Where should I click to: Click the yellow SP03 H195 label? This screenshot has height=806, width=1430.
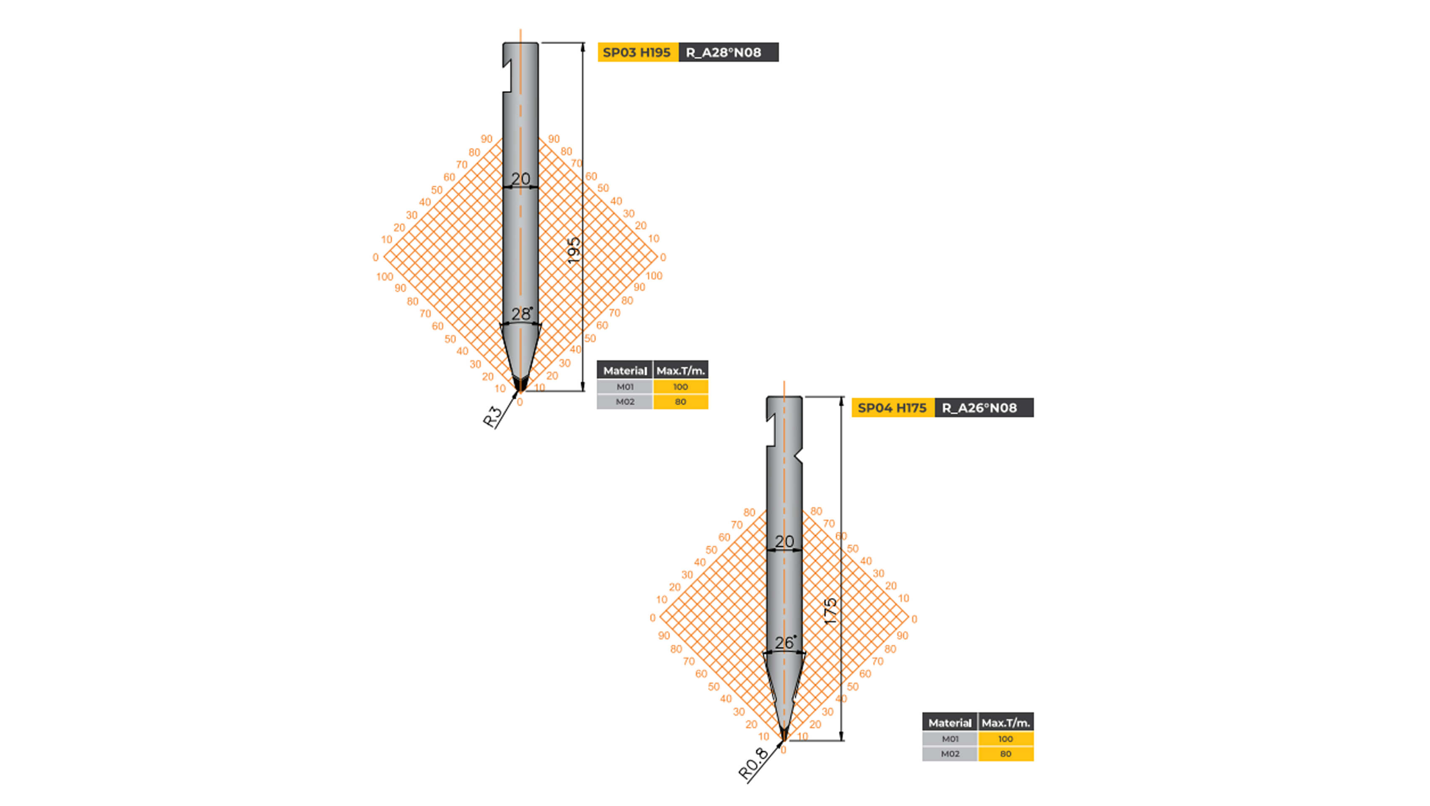point(637,52)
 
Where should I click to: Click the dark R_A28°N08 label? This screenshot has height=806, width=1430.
point(728,52)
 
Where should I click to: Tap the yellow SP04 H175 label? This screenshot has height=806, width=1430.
point(892,408)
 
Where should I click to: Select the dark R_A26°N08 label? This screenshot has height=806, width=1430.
point(983,408)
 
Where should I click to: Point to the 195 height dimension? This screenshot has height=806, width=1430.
point(574,250)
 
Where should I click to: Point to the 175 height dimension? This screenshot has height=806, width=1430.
point(830,611)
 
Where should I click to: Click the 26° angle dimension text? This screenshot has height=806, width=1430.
point(784,643)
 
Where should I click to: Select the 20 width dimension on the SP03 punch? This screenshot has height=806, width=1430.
point(520,179)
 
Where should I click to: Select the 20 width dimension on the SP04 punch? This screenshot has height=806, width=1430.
point(784,541)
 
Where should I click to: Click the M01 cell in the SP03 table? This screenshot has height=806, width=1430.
point(625,387)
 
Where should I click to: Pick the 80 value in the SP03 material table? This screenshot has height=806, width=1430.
point(680,402)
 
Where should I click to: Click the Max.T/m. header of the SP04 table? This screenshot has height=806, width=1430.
point(1005,723)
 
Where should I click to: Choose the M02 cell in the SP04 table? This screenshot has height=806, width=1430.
point(950,754)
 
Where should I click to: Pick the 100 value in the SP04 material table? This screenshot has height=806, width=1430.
point(1005,739)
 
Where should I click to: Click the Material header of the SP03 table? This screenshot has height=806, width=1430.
point(625,371)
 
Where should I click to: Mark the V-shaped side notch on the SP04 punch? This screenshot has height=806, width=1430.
point(798,458)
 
